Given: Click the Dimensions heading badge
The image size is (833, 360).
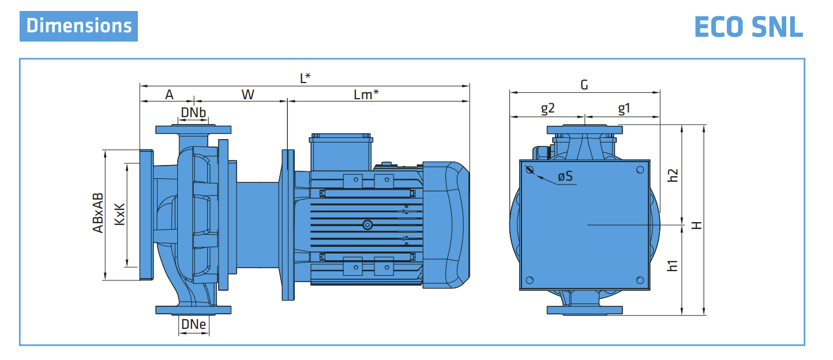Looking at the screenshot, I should point(79,26).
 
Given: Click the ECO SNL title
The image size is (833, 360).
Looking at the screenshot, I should point(749,27).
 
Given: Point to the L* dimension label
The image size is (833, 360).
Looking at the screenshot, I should point(305,78).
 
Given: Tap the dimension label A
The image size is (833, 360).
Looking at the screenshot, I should point(169,95).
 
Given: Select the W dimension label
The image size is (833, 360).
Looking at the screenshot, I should point(247,95).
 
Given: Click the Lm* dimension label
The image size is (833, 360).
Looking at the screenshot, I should point(366,95).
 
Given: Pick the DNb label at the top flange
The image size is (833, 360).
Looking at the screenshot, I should point(193,112).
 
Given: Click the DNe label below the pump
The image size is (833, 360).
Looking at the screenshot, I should point(193,325).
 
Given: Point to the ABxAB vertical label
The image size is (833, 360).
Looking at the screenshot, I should point(98,213).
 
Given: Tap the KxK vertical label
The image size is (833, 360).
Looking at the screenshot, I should point(119,213).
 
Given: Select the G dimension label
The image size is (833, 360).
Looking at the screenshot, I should point(584,85).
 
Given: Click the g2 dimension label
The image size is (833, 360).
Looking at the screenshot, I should point(547,108).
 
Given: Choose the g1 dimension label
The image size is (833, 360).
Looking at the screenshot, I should point(624,108).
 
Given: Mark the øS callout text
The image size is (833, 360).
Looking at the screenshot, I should point(566,177).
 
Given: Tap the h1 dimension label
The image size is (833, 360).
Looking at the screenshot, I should point(673,266).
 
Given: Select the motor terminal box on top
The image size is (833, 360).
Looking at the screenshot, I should point(341,152).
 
